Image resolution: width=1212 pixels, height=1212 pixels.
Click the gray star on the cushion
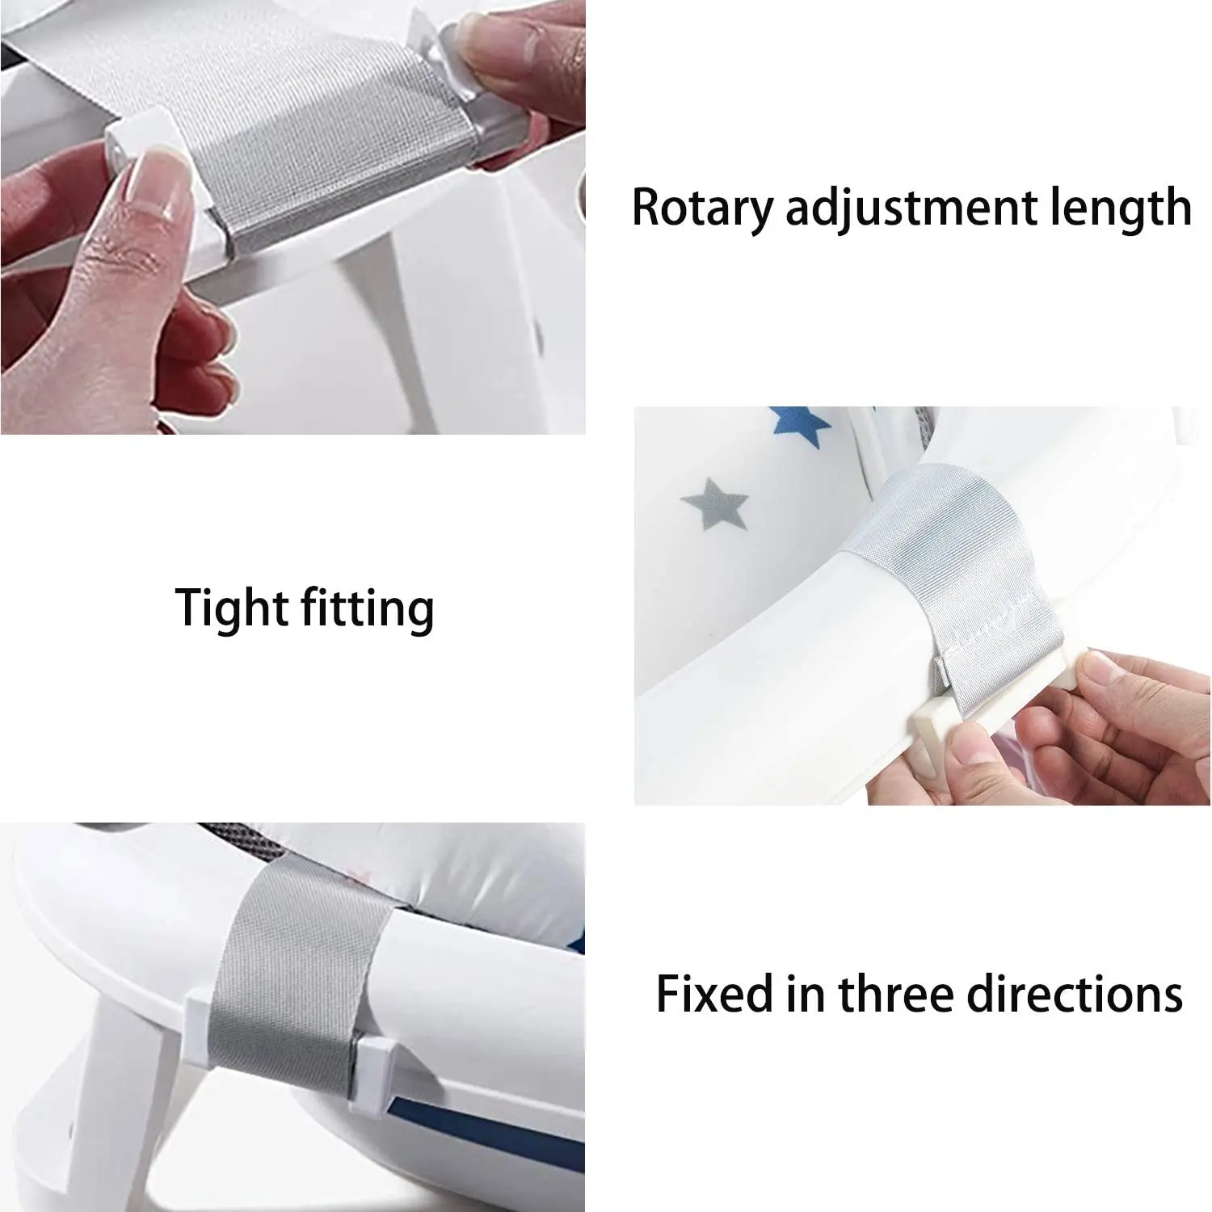coord(716,503)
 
